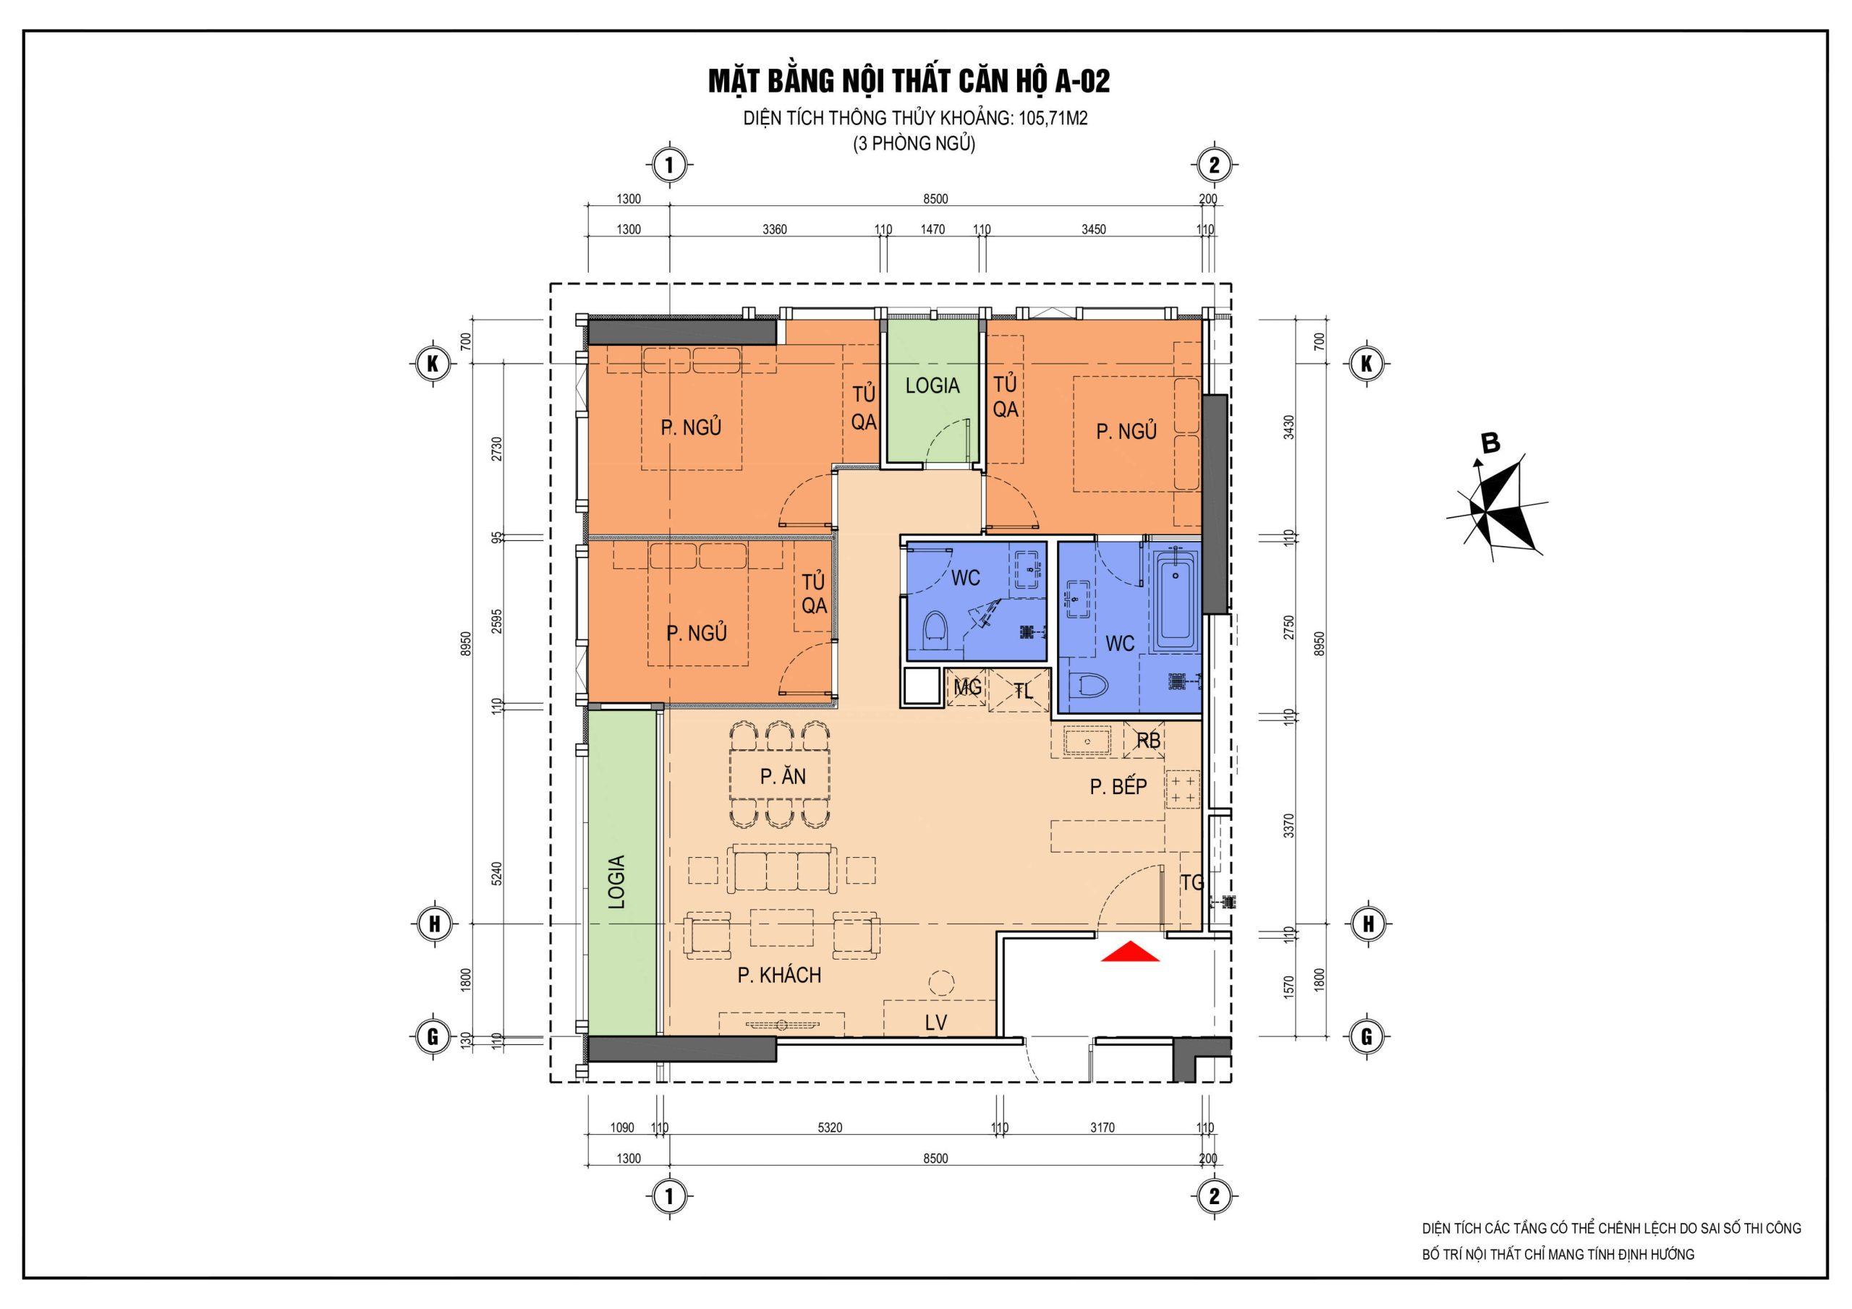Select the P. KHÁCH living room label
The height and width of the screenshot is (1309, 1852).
tap(779, 976)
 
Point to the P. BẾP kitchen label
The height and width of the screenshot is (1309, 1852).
tap(1118, 786)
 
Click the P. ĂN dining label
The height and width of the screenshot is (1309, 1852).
tap(783, 776)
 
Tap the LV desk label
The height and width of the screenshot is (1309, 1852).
tap(935, 1023)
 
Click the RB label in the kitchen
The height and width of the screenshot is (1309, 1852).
tap(1148, 740)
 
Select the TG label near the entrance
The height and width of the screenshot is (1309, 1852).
tap(1192, 883)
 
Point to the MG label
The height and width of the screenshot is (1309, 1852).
tap(967, 687)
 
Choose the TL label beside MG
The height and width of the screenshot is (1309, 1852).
tap(1023, 691)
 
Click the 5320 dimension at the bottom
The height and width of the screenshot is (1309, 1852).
tap(829, 1127)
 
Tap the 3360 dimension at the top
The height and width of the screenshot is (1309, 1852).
tap(774, 230)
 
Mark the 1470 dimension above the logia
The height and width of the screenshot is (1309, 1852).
tap(933, 230)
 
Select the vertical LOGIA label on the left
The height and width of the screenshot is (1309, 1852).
tap(617, 882)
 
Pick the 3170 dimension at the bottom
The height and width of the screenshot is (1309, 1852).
tap(1102, 1127)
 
